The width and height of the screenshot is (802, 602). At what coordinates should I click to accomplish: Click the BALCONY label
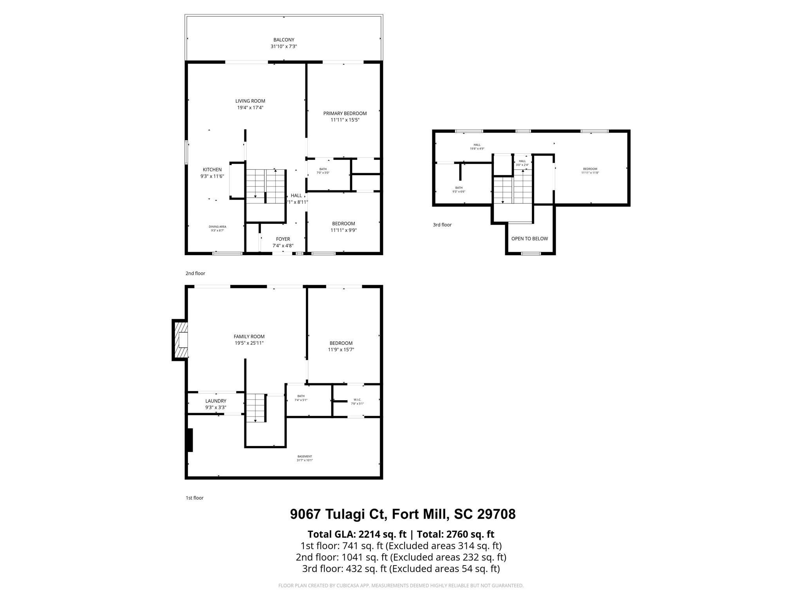[x=284, y=40]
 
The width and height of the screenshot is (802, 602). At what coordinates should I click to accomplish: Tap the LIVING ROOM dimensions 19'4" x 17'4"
[x=250, y=108]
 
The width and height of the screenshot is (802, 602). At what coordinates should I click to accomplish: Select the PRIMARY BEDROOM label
[x=345, y=114]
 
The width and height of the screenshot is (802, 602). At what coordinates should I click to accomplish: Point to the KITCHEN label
[x=212, y=170]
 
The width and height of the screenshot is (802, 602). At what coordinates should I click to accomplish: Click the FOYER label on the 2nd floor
[x=283, y=239]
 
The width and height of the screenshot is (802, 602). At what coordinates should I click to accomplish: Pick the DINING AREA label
[x=217, y=227]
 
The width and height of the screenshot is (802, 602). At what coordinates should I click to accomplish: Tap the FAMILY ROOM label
[x=249, y=336]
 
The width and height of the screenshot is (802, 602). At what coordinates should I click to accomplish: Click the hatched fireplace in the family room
[x=181, y=340]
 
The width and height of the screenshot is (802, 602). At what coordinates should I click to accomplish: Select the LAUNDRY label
[x=216, y=401]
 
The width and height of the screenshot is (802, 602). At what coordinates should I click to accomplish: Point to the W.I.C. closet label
[x=357, y=400]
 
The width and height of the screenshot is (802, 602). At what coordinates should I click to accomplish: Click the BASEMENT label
[x=304, y=456]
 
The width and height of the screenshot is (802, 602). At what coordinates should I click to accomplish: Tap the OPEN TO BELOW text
[x=529, y=239]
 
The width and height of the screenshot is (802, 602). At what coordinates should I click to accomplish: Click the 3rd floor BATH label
[x=459, y=188]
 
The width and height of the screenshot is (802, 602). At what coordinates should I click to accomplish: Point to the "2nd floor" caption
[x=195, y=273]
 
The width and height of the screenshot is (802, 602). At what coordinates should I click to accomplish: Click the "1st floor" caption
[x=194, y=498]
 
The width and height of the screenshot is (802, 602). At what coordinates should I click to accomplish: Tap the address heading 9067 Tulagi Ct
[x=402, y=514]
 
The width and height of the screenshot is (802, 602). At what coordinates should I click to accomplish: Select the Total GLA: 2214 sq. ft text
[x=356, y=534]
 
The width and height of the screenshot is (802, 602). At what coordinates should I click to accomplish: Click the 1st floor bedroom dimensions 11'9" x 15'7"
[x=341, y=350]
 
